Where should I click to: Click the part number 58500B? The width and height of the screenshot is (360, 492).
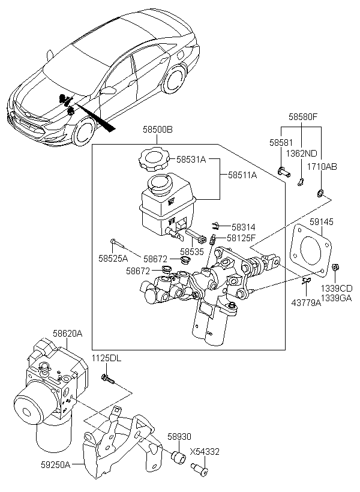click(157, 129)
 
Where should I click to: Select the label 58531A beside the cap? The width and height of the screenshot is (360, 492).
click(191, 160)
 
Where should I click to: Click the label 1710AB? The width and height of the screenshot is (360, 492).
click(323, 166)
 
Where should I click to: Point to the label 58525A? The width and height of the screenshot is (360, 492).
click(114, 259)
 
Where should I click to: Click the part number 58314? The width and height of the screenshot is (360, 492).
click(244, 227)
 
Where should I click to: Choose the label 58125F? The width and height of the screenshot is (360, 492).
click(241, 238)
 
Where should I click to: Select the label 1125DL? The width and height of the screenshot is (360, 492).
click(106, 358)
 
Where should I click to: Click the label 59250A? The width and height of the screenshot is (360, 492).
click(55, 464)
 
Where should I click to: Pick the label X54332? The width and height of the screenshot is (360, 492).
click(205, 451)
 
